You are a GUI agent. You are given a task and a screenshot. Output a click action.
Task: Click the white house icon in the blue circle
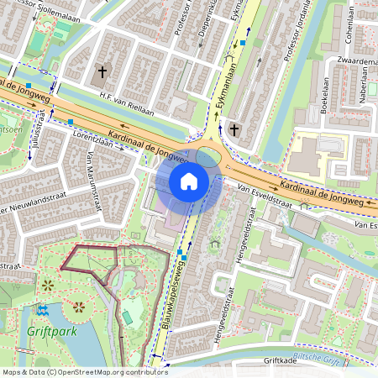tap(189, 181)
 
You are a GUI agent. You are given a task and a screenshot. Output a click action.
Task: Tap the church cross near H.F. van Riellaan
tap(102, 72)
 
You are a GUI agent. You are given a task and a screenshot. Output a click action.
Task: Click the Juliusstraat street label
tap(37, 126)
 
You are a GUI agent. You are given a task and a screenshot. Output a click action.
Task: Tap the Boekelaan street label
tap(323, 97)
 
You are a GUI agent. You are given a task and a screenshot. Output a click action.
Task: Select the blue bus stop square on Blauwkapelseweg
tap(180, 252)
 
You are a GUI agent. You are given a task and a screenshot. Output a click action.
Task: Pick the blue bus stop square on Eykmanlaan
tap(243, 41)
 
